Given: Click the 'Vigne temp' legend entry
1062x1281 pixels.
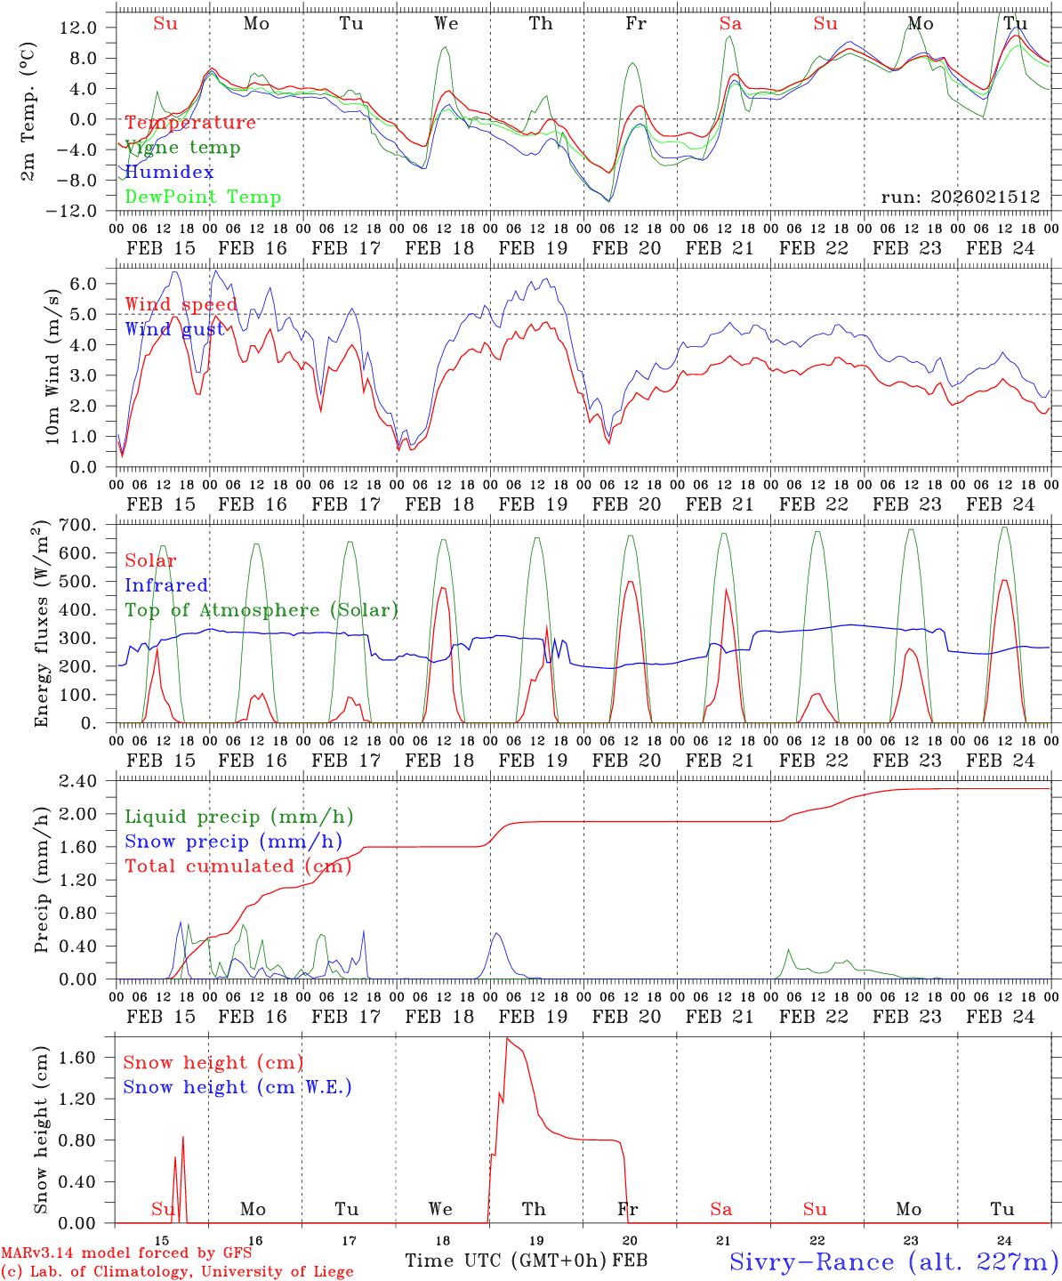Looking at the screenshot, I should [x=182, y=148].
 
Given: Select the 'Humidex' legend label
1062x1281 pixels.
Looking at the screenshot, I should [x=169, y=173].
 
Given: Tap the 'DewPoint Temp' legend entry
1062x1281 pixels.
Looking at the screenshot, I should [x=203, y=197].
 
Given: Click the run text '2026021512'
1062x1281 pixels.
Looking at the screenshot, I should [x=986, y=197].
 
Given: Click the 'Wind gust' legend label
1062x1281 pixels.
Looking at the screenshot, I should [x=174, y=329].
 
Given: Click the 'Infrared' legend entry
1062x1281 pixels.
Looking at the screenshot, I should [x=166, y=585].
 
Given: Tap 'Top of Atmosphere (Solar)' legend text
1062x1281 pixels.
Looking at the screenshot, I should [x=261, y=610].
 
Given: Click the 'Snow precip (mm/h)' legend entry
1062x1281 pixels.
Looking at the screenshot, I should [x=233, y=842].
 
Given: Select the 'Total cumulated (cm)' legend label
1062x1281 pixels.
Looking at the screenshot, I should [x=237, y=866].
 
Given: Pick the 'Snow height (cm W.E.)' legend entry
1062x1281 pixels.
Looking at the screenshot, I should [x=237, y=1087].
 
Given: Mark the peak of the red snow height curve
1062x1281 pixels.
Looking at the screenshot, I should [x=507, y=1038].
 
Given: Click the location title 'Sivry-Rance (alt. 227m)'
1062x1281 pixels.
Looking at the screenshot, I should [x=893, y=1261].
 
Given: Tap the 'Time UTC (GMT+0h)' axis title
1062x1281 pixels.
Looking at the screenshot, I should [x=505, y=1261].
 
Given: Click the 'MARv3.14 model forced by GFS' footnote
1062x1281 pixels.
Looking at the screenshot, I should [x=126, y=1253].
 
